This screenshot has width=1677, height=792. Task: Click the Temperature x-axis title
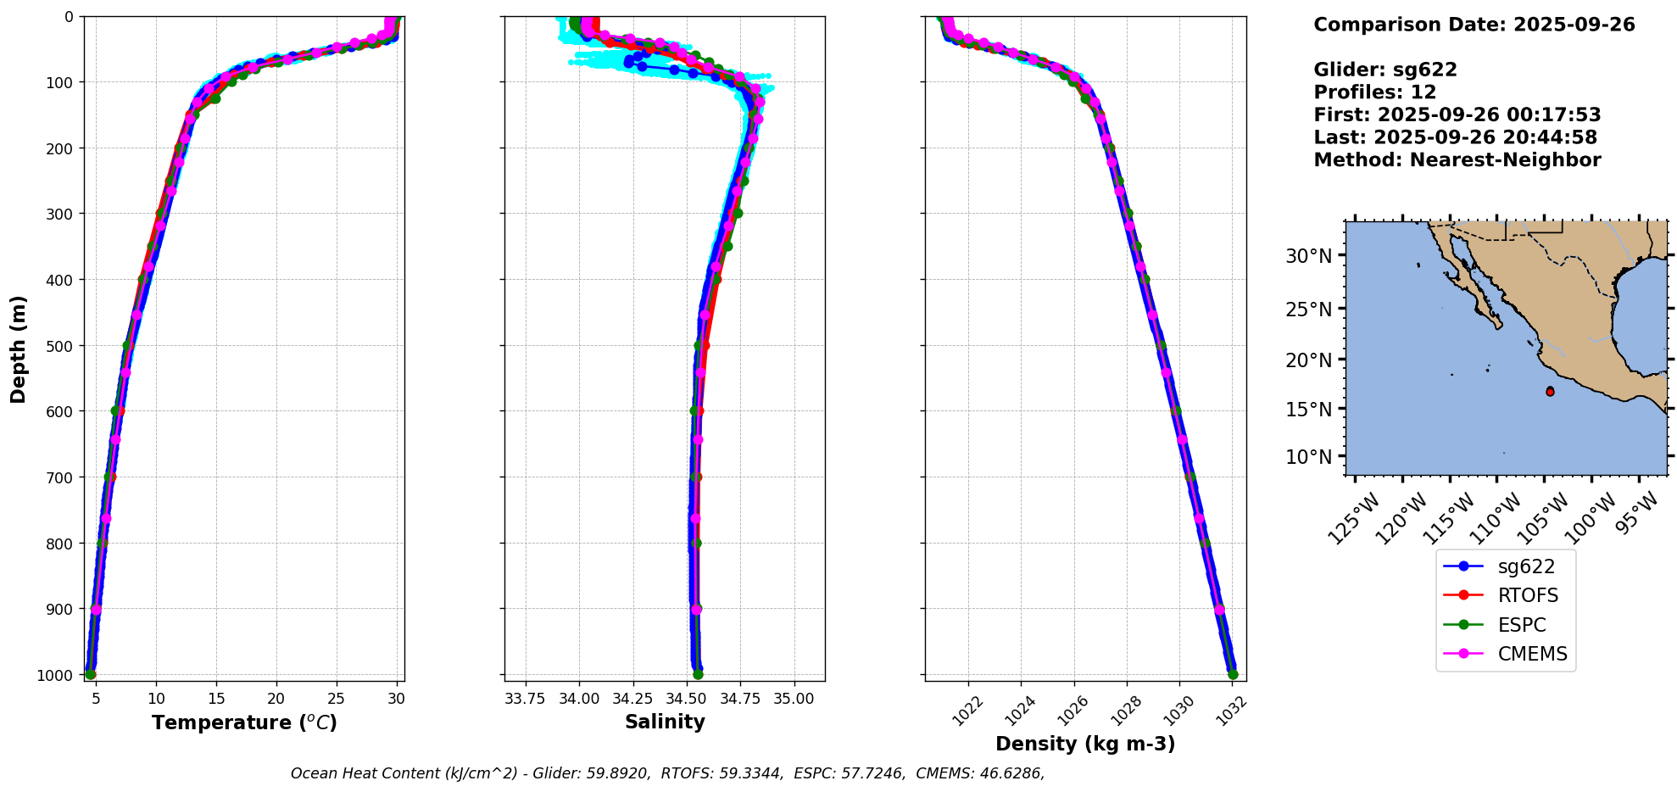[244, 722]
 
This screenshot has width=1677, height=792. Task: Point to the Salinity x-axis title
[665, 722]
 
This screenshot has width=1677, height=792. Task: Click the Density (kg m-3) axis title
[1085, 744]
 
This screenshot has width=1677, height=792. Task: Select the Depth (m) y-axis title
[19, 349]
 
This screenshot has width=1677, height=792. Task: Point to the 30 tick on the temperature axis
[396, 699]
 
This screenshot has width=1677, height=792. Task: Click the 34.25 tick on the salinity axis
[632, 699]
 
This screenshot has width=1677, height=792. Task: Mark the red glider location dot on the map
[1550, 392]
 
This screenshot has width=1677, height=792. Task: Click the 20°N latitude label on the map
[1309, 360]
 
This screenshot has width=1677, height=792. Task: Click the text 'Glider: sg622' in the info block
[1385, 70]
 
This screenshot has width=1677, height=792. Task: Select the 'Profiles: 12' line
[1374, 92]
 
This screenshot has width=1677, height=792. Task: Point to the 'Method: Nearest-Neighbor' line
[1457, 160]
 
